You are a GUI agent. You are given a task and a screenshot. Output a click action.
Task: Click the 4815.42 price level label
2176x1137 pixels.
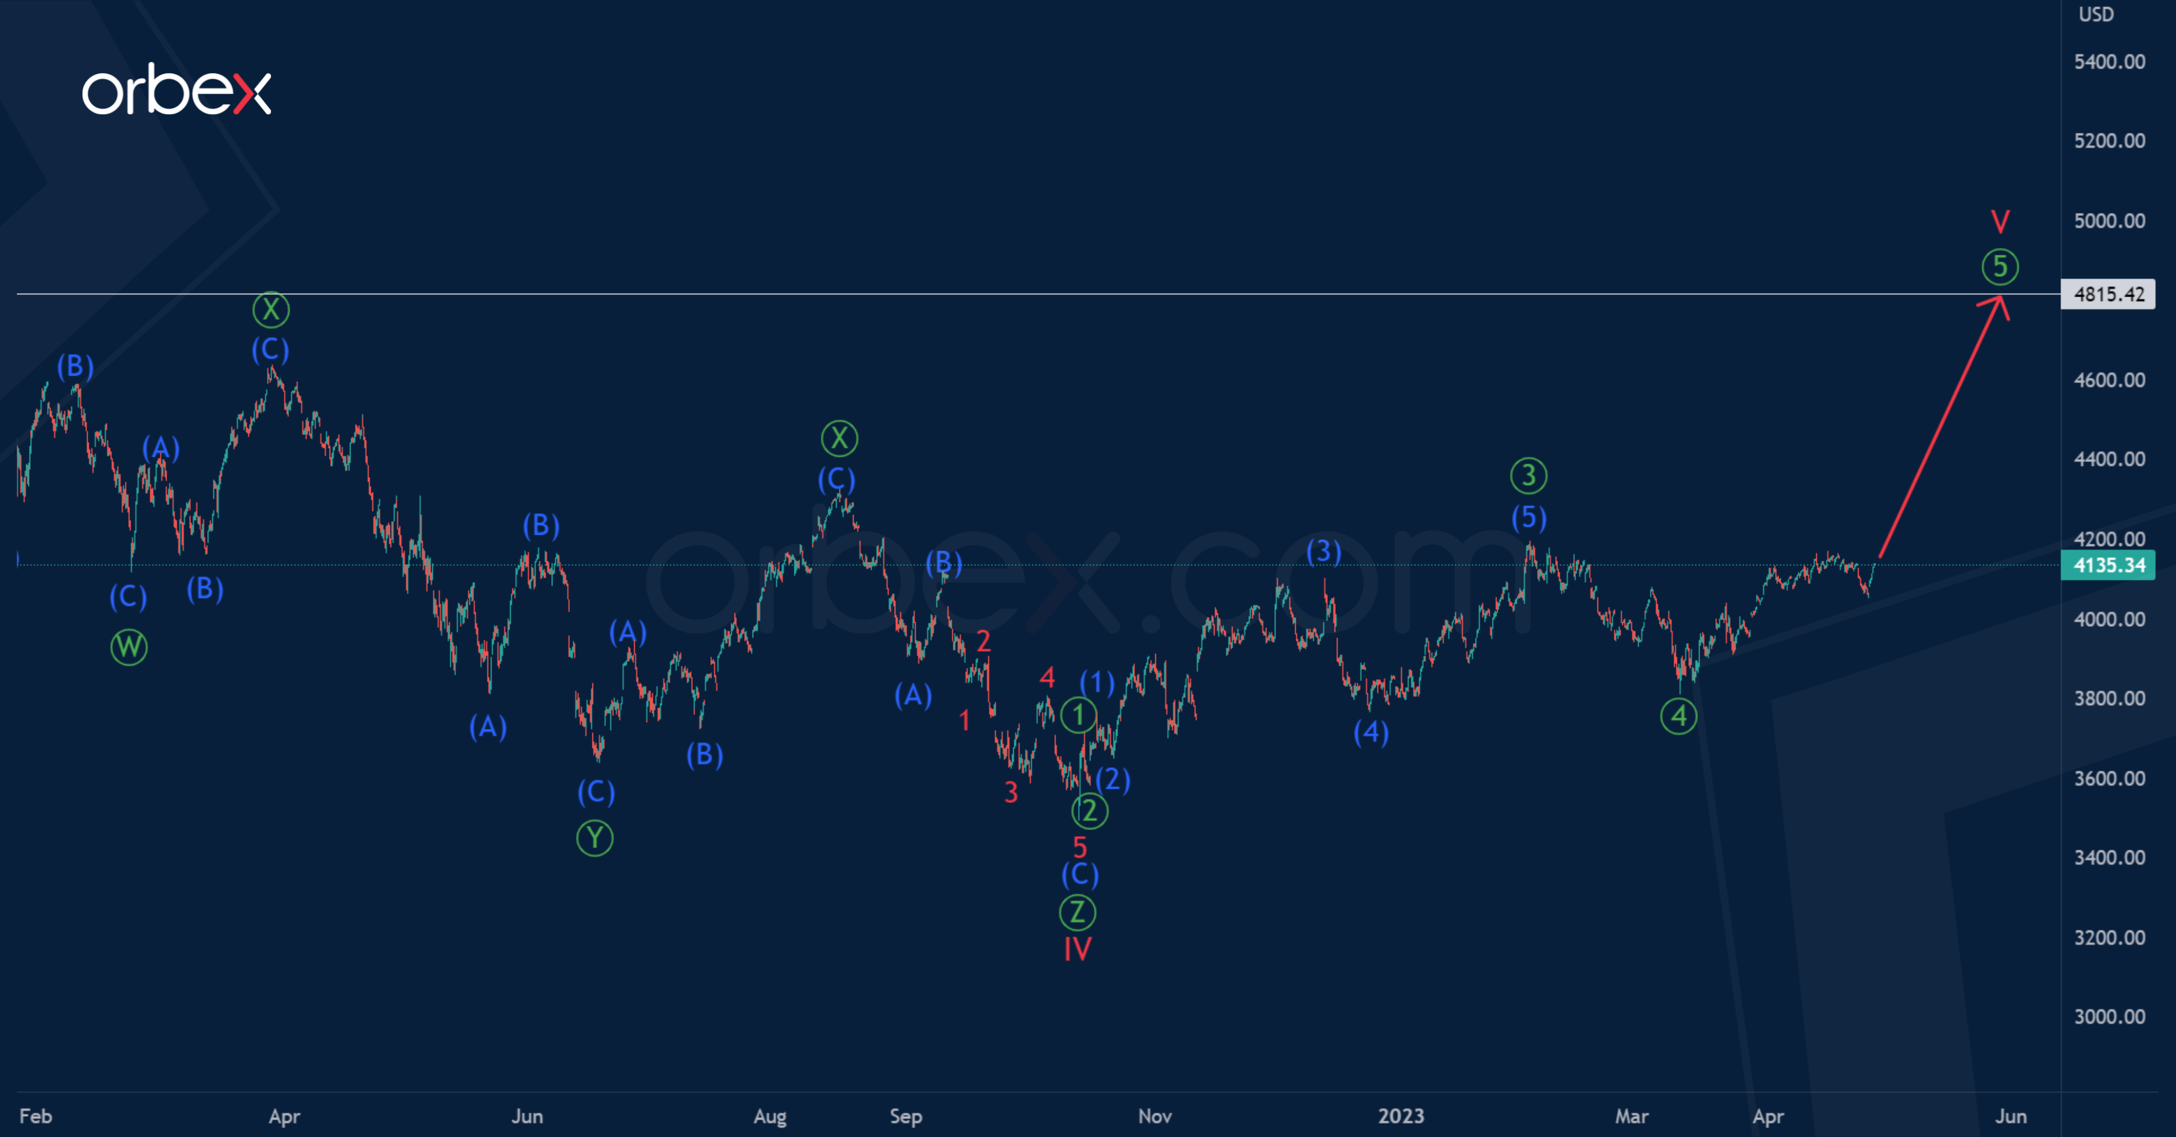(2109, 294)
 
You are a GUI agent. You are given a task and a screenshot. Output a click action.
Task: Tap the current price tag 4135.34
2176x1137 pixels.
(2109, 565)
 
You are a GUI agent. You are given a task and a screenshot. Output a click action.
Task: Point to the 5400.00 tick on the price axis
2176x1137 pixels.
(2109, 62)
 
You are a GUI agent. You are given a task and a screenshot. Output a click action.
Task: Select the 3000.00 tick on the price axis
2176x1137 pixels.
(2109, 1016)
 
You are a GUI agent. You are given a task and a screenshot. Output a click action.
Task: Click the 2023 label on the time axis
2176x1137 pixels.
(1401, 1116)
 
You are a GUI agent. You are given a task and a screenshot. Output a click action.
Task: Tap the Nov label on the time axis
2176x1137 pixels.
(1155, 1116)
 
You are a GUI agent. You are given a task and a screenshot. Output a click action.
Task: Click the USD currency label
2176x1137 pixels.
(2096, 15)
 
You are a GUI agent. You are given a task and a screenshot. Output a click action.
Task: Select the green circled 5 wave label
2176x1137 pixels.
(2000, 267)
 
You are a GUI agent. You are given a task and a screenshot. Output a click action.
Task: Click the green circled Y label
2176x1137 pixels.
(595, 838)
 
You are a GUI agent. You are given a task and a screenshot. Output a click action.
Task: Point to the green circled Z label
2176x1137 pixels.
(1077, 912)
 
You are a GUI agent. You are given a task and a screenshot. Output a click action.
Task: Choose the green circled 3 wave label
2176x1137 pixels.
(1528, 475)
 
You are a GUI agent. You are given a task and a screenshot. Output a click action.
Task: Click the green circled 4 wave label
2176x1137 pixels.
(1679, 716)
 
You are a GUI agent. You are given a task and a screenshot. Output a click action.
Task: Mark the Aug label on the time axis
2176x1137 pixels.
(769, 1116)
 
